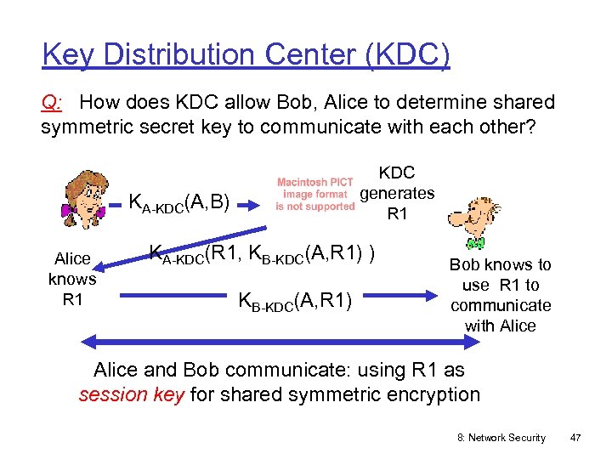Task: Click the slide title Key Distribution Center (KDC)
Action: coord(246,56)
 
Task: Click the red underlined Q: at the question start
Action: coord(52,104)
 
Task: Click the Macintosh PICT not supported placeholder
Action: coord(315,194)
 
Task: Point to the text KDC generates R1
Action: coord(397,194)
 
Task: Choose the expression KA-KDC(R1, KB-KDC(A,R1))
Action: coord(263,253)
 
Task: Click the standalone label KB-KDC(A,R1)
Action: coord(297,299)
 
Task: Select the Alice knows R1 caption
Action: coord(72,279)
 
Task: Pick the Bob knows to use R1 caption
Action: coord(500,295)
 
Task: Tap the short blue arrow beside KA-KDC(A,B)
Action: coord(116,204)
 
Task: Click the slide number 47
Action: coord(575,437)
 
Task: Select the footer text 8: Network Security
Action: coord(501,437)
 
